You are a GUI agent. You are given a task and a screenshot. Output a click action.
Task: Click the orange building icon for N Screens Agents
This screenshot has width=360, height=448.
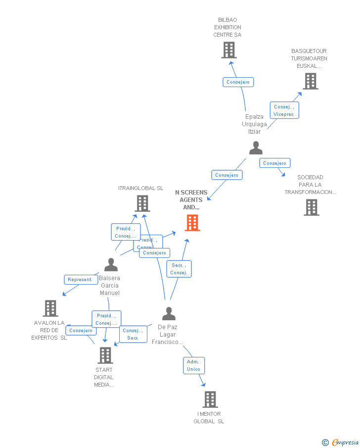[192, 223]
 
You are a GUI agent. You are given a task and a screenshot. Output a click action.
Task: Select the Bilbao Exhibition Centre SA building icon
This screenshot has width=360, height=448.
[228, 50]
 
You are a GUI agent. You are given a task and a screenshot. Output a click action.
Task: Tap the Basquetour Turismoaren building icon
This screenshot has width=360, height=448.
[310, 81]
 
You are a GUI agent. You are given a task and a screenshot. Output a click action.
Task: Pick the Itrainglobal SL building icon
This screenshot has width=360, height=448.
[142, 203]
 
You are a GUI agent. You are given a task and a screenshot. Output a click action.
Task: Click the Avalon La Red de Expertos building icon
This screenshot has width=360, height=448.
[50, 308]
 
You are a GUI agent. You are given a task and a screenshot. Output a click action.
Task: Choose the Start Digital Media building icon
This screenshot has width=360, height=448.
[105, 355]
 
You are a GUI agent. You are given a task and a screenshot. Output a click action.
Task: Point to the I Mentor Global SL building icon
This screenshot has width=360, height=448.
[210, 399]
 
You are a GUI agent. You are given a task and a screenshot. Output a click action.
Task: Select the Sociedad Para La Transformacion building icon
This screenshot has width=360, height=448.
[311, 207]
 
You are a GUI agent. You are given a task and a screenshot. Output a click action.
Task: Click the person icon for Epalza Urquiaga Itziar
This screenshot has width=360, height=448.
[256, 148]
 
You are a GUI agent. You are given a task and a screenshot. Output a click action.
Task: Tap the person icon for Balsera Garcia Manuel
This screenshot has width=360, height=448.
[111, 265]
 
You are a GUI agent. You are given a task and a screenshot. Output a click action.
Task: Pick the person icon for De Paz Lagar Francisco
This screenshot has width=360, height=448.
[169, 313]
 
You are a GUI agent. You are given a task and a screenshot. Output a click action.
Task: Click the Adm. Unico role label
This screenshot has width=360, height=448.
[193, 365]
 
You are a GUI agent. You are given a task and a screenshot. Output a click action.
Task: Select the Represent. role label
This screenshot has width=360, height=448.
[80, 280]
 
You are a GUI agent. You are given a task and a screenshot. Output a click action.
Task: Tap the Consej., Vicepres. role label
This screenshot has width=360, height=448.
[284, 110]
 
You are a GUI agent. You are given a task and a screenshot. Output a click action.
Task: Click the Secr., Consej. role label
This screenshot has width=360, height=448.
[179, 269]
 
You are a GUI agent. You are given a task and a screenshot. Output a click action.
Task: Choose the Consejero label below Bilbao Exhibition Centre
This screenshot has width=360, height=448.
[238, 82]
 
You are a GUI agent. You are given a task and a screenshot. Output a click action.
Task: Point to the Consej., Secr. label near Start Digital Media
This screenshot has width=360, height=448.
[133, 334]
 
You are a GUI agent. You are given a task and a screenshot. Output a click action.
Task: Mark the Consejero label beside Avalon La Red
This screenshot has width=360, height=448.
[81, 331]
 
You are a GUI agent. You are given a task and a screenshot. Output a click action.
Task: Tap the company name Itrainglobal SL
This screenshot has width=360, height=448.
[140, 188]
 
